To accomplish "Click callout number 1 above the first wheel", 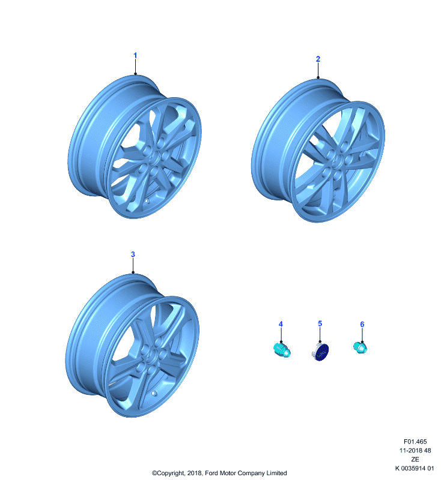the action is click(x=135, y=56).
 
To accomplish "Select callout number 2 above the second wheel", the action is click(x=318, y=59).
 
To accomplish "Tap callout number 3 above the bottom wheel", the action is click(x=133, y=254).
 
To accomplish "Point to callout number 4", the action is click(x=281, y=324).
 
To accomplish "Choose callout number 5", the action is click(x=320, y=323).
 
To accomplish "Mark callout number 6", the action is click(x=362, y=324).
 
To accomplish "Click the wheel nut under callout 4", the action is click(x=282, y=350).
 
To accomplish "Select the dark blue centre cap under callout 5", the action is click(x=321, y=352).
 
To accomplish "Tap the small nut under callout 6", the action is click(x=360, y=347).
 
